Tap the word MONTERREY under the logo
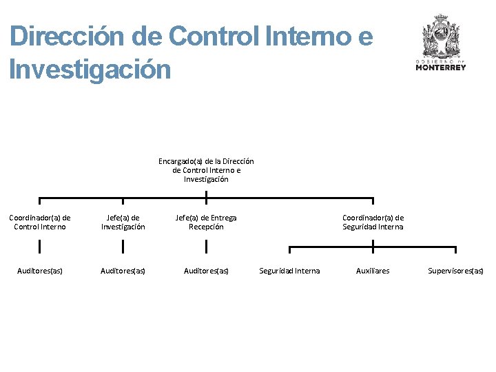441,68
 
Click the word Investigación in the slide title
90,70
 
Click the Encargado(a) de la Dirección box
206,170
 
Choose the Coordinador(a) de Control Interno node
40,222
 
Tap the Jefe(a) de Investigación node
123,222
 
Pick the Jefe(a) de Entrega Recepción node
206,222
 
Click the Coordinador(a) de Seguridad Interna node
373,222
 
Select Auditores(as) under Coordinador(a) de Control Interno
40,271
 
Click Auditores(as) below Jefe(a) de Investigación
123,271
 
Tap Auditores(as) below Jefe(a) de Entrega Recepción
206,271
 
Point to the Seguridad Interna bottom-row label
289,271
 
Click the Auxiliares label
373,271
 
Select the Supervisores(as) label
455,271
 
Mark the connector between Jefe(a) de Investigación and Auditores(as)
123,247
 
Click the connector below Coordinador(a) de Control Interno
40,247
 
